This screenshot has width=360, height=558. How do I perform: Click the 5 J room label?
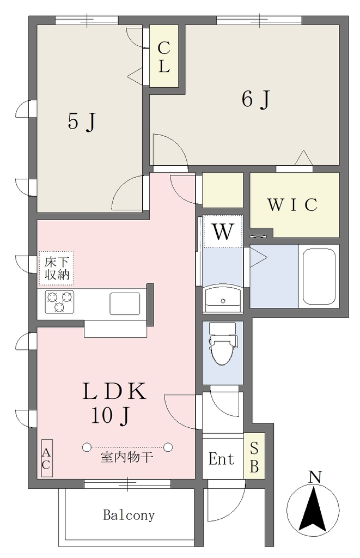[x=82, y=121]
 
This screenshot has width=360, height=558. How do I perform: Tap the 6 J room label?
[x=256, y=99]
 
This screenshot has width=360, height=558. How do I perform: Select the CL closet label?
[x=163, y=57]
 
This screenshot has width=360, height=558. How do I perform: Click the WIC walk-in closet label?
[x=292, y=205]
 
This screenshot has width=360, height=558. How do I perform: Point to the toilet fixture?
[x=223, y=343]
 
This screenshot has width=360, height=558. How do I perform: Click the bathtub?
[x=319, y=276]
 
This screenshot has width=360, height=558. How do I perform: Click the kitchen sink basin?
[x=125, y=304]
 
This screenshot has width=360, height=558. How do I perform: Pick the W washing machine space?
[x=223, y=232]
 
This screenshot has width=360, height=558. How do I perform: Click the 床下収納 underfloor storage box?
[x=56, y=268]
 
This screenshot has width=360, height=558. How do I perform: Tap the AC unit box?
[x=47, y=458]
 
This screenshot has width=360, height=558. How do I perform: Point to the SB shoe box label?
[x=254, y=458]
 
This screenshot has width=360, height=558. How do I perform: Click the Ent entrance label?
[x=221, y=459]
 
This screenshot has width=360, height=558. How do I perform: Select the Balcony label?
[x=129, y=515]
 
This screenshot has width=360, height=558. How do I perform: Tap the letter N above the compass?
[x=315, y=477]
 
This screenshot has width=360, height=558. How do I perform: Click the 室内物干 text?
[x=127, y=457]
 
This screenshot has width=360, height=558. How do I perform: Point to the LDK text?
[x=114, y=391]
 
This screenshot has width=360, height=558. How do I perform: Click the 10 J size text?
[x=111, y=416]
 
